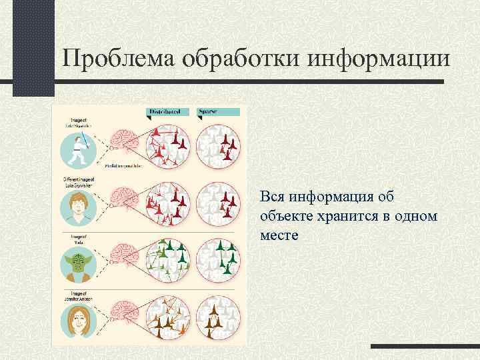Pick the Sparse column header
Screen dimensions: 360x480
209,111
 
